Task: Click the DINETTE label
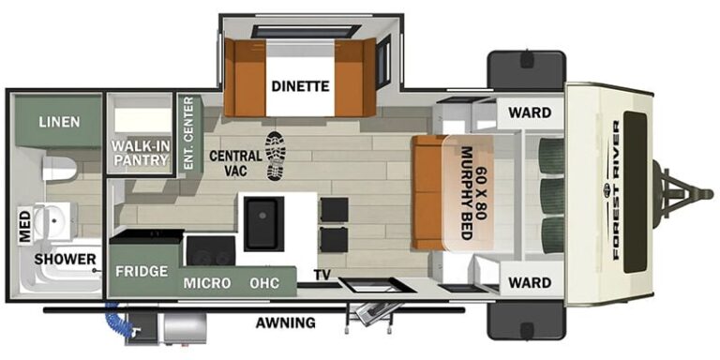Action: click(300, 87)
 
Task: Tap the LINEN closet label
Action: click(59, 122)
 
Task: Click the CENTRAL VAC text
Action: click(229, 162)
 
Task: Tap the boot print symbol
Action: click(275, 156)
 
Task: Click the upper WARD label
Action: click(530, 113)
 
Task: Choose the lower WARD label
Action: click(530, 281)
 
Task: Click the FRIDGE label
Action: click(142, 271)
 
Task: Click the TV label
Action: click(322, 276)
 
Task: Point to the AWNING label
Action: click(285, 323)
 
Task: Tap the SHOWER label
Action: click(67, 259)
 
